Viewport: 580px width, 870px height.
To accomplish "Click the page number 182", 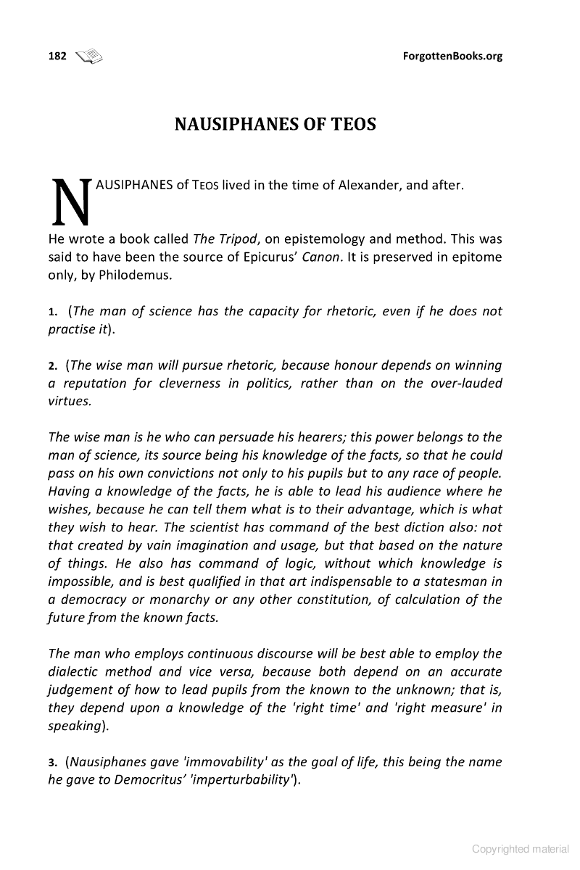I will (57, 57).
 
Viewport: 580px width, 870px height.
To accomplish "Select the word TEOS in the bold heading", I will (351, 125).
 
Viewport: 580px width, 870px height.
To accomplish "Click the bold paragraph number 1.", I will (52, 312).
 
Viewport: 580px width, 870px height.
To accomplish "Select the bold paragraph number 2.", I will (52, 365).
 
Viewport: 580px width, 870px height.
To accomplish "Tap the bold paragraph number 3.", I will (52, 763).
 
